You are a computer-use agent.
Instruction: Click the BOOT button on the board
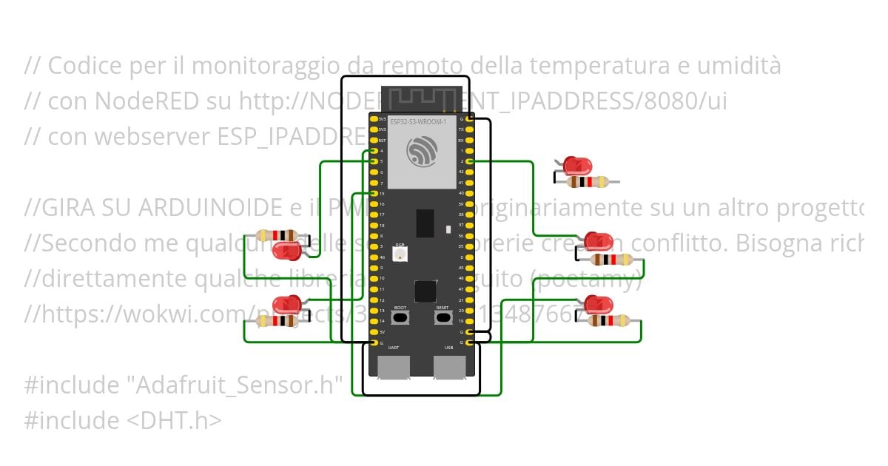[400, 318]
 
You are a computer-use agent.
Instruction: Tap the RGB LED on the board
[400, 255]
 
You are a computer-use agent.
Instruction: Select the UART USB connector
[394, 367]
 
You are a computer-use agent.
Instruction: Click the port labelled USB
[449, 367]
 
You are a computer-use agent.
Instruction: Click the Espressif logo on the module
[422, 152]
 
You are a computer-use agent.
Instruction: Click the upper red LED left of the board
[286, 251]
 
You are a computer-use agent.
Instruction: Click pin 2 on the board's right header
[470, 161]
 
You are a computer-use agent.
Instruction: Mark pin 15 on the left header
[374, 193]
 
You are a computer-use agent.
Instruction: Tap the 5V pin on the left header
[374, 332]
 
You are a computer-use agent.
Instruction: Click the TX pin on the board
[470, 129]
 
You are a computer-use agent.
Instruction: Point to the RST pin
[374, 140]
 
